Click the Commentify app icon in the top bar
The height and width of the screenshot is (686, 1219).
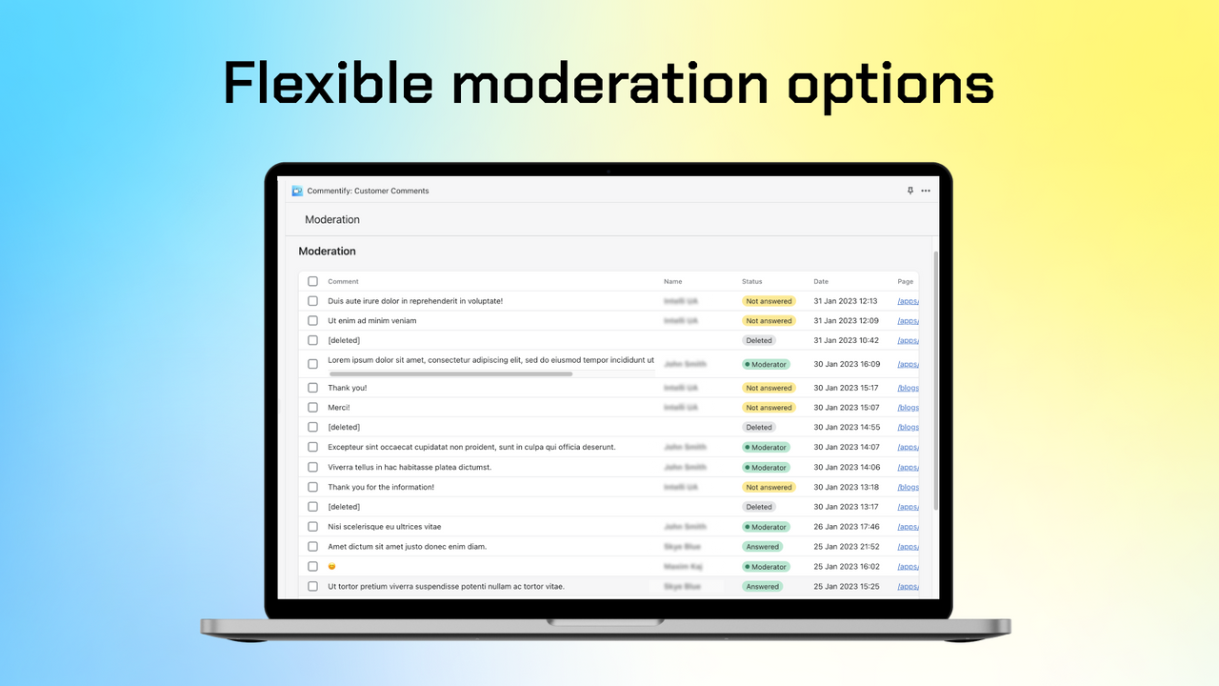[x=297, y=191]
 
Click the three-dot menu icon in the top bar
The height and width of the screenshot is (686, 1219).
[x=926, y=191]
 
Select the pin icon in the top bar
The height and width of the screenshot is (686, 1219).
[x=909, y=191]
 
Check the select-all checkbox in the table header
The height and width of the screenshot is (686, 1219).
[x=312, y=281]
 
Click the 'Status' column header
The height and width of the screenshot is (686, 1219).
[x=752, y=281]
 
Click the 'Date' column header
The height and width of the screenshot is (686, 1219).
[x=821, y=281]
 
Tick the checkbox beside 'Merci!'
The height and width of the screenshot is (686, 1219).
[x=312, y=408]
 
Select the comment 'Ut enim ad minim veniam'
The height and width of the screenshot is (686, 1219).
[x=371, y=321]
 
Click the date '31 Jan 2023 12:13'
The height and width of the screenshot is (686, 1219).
[x=846, y=301]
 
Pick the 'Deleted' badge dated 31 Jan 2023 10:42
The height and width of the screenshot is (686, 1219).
[x=759, y=340]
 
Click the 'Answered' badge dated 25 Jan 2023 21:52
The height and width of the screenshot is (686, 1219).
[x=763, y=547]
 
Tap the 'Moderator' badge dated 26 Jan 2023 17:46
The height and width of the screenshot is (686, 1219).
[x=766, y=527]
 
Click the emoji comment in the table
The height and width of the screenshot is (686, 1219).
[x=332, y=567]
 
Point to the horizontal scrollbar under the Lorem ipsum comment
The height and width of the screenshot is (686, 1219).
[x=450, y=374]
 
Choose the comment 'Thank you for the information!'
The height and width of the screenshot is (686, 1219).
[x=381, y=487]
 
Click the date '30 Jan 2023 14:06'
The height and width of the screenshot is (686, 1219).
[x=846, y=467]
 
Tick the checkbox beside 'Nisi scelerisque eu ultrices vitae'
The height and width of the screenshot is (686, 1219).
[x=312, y=527]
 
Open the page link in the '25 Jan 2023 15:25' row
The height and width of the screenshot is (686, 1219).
[x=907, y=587]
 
